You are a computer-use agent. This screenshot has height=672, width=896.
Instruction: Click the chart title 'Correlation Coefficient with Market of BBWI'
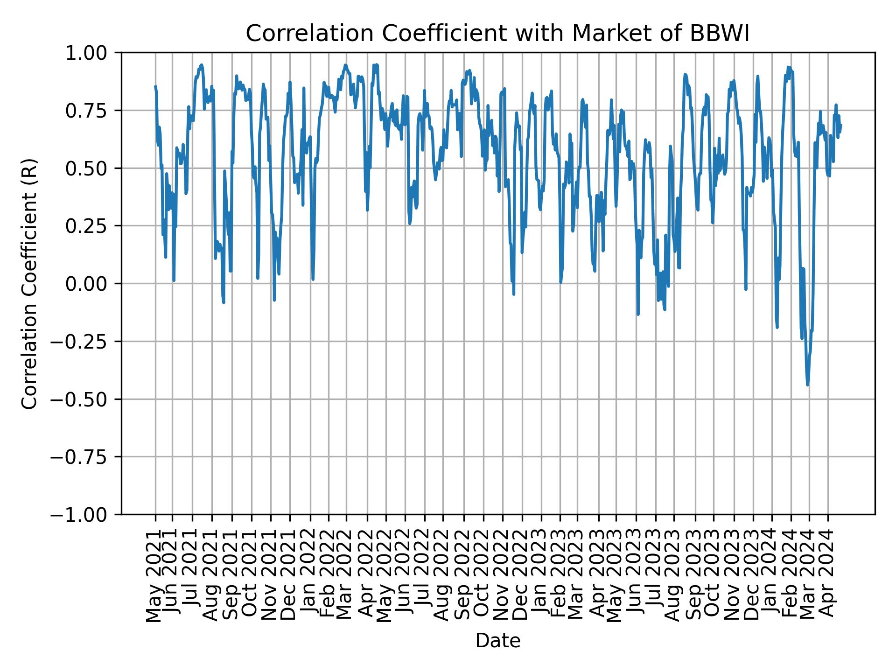(497, 34)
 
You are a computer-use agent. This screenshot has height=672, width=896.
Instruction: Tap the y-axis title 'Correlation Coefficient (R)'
(30, 283)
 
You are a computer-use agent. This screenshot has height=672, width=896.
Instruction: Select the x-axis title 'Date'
(497, 641)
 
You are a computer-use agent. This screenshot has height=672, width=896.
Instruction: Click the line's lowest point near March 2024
(807, 385)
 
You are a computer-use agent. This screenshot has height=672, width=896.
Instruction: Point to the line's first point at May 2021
(155, 86)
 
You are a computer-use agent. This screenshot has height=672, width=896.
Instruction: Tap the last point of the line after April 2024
(841, 125)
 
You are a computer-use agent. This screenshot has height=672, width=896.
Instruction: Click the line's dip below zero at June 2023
(638, 314)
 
